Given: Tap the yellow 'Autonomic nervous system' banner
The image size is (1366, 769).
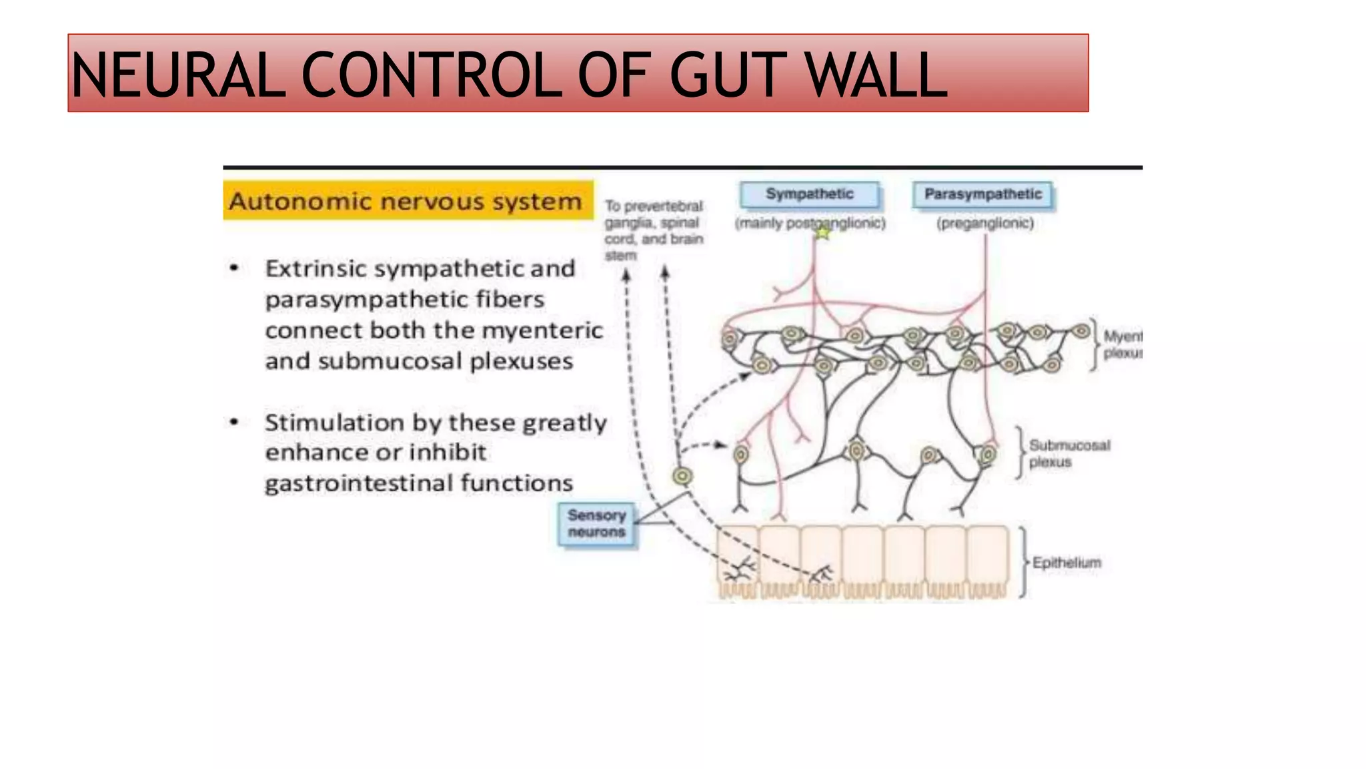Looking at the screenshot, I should point(408,200).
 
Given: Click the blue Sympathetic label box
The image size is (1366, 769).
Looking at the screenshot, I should point(809,194).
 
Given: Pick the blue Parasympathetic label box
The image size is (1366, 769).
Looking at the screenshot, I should point(982,194).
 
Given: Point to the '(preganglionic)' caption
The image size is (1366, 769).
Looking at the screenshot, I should point(985,224).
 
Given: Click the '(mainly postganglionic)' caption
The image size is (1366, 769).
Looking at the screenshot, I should point(810,224).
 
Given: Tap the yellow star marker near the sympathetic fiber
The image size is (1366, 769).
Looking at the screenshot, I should point(823,233).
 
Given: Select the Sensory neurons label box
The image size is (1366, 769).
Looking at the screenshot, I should point(597,524).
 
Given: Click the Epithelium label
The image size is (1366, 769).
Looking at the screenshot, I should point(1066,563).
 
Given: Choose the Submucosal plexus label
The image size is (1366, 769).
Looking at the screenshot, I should point(1068,453).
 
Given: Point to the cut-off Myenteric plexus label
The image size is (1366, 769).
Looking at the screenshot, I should point(1122,344).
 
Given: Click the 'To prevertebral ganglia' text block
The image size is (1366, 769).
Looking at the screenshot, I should point(653,230).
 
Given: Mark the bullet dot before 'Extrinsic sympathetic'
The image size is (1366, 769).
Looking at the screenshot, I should point(234,268).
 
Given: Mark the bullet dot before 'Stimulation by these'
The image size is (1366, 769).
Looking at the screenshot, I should point(234,422).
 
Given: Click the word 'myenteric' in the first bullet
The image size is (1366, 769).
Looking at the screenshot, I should point(542,330).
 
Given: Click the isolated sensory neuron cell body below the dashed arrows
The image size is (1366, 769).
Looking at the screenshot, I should point(682,476).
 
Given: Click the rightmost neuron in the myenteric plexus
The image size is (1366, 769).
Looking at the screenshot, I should point(1081,330).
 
